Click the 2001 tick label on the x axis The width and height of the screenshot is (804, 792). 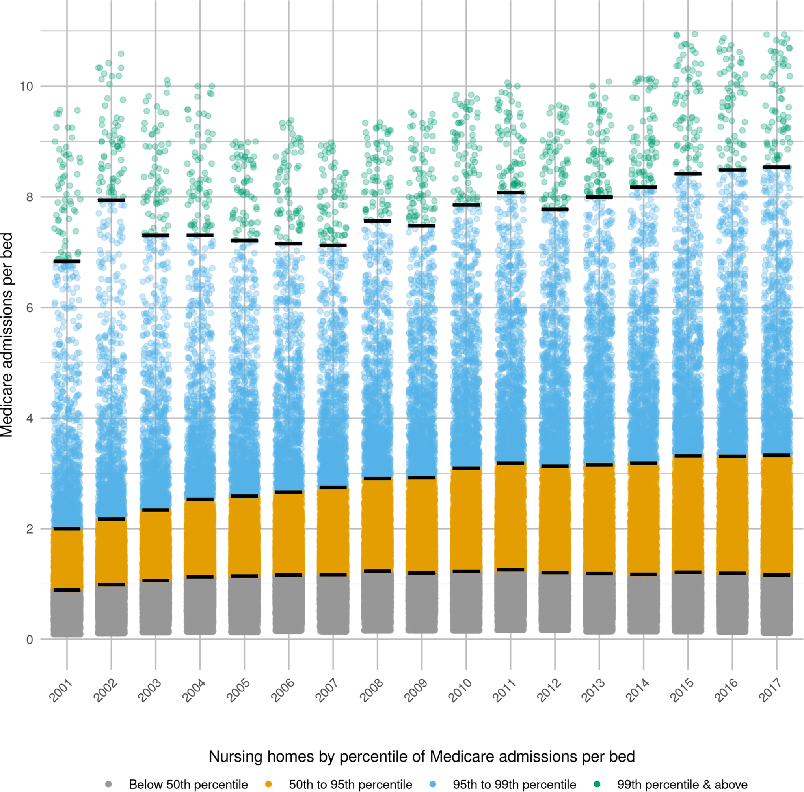(61, 691)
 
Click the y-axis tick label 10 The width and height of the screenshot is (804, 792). (26, 86)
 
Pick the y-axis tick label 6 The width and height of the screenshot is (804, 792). (30, 308)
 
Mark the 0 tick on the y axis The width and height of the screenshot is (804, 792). (30, 640)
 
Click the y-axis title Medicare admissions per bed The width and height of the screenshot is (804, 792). (7, 335)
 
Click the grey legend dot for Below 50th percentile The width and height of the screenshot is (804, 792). (108, 784)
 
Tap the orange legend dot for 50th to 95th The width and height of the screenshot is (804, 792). (269, 784)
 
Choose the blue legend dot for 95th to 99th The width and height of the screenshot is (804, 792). (433, 784)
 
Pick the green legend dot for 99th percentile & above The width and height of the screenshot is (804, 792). (597, 784)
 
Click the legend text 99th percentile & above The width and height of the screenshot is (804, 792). (682, 785)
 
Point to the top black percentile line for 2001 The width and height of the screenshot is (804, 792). (67, 261)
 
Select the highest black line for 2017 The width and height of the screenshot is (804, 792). (776, 167)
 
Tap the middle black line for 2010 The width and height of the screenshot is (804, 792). (466, 468)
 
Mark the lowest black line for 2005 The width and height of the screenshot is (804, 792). (244, 576)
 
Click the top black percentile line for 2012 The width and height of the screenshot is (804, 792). (555, 209)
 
